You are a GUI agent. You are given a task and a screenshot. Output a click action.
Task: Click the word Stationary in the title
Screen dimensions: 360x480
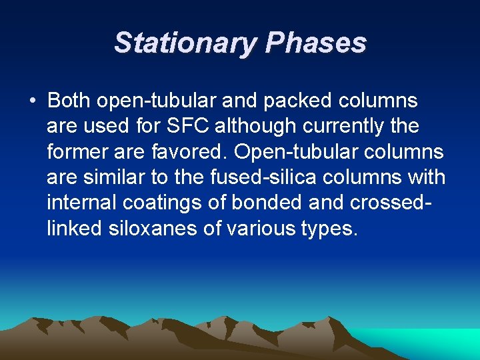point(185,43)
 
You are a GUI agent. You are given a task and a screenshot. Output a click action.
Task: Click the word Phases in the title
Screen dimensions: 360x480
point(315,43)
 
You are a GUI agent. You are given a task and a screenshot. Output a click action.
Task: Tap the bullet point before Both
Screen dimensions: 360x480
point(32,101)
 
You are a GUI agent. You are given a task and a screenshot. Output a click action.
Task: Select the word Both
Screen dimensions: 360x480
point(70,101)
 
